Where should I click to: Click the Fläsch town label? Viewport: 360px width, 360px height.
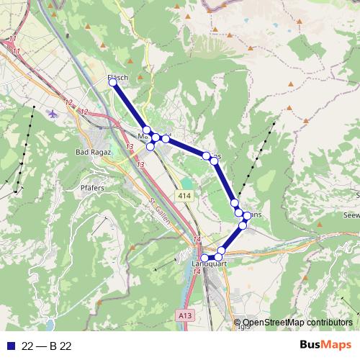pyautogui.click(x=117, y=77)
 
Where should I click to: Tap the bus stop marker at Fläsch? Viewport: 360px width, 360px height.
pyautogui.click(x=113, y=83)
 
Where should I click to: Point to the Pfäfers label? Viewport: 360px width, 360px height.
pyautogui.click(x=91, y=186)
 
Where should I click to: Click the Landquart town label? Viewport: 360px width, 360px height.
pyautogui.click(x=209, y=264)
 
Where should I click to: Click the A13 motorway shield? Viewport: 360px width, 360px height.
pyautogui.click(x=185, y=315)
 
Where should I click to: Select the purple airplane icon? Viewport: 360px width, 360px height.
pyautogui.click(x=54, y=113)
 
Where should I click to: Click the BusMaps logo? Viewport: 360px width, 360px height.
pyautogui.click(x=326, y=345)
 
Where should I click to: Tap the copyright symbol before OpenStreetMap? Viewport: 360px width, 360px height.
pyautogui.click(x=238, y=323)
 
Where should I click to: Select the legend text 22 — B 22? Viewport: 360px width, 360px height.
pyautogui.click(x=47, y=346)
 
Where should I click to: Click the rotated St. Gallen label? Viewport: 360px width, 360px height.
pyautogui.click(x=161, y=212)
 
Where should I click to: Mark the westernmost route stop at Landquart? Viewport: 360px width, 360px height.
pyautogui.click(x=204, y=258)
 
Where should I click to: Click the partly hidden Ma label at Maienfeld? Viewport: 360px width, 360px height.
pyautogui.click(x=142, y=135)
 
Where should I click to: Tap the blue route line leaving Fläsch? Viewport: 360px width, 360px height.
pyautogui.click(x=130, y=106)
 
